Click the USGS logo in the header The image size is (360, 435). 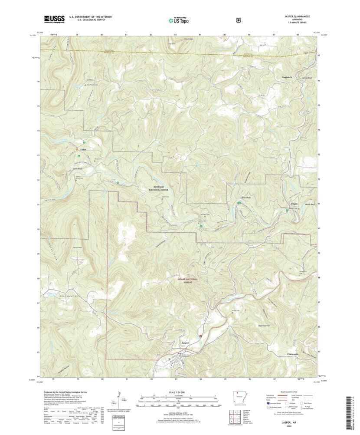coord(54,19)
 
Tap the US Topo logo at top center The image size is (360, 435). coord(178,20)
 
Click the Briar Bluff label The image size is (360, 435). coord(246,197)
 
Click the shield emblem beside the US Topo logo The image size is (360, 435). coord(238,20)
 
